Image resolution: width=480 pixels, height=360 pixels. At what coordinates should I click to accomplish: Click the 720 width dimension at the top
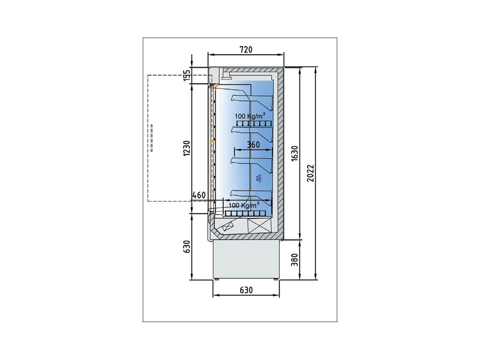246,50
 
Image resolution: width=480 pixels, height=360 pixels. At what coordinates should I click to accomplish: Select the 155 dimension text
187,75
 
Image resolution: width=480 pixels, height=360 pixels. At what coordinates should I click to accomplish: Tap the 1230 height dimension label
187,148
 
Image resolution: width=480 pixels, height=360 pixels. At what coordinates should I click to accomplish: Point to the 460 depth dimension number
199,196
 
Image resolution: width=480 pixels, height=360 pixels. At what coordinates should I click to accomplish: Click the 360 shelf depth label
253,145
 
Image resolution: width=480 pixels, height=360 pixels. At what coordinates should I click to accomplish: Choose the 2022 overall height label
311,173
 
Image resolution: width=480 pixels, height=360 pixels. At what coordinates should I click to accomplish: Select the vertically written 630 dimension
187,246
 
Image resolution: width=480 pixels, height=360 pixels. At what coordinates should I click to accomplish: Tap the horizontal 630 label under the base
246,290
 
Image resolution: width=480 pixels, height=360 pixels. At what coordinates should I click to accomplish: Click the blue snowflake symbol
260,178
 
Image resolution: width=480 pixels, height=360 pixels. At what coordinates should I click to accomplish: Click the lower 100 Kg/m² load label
244,205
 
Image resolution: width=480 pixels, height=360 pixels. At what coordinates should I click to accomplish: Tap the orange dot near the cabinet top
217,86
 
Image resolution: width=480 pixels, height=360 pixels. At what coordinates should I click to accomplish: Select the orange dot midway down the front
213,141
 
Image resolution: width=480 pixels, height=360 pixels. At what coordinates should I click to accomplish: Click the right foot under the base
276,279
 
